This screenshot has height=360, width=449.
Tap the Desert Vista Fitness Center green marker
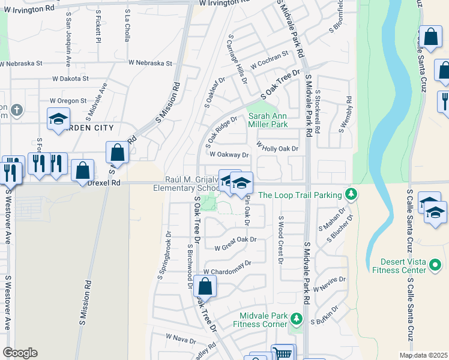[436, 263]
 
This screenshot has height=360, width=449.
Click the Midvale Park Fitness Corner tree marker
[295, 317]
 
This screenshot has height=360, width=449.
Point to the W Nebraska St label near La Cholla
[150, 63]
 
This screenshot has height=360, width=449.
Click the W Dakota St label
[70, 79]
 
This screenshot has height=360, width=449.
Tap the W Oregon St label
[68, 101]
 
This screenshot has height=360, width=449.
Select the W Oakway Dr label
[229, 154]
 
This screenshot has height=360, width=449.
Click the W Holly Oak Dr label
[277, 146]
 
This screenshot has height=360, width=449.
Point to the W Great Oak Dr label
[235, 240]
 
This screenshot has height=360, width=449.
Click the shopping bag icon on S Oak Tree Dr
[205, 287]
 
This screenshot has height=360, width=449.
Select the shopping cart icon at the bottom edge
[283, 352]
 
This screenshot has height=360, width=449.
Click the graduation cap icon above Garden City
[59, 119]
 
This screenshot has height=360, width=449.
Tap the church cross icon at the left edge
[17, 110]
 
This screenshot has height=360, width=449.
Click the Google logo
[19, 353]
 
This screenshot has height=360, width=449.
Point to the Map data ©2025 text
[424, 355]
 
